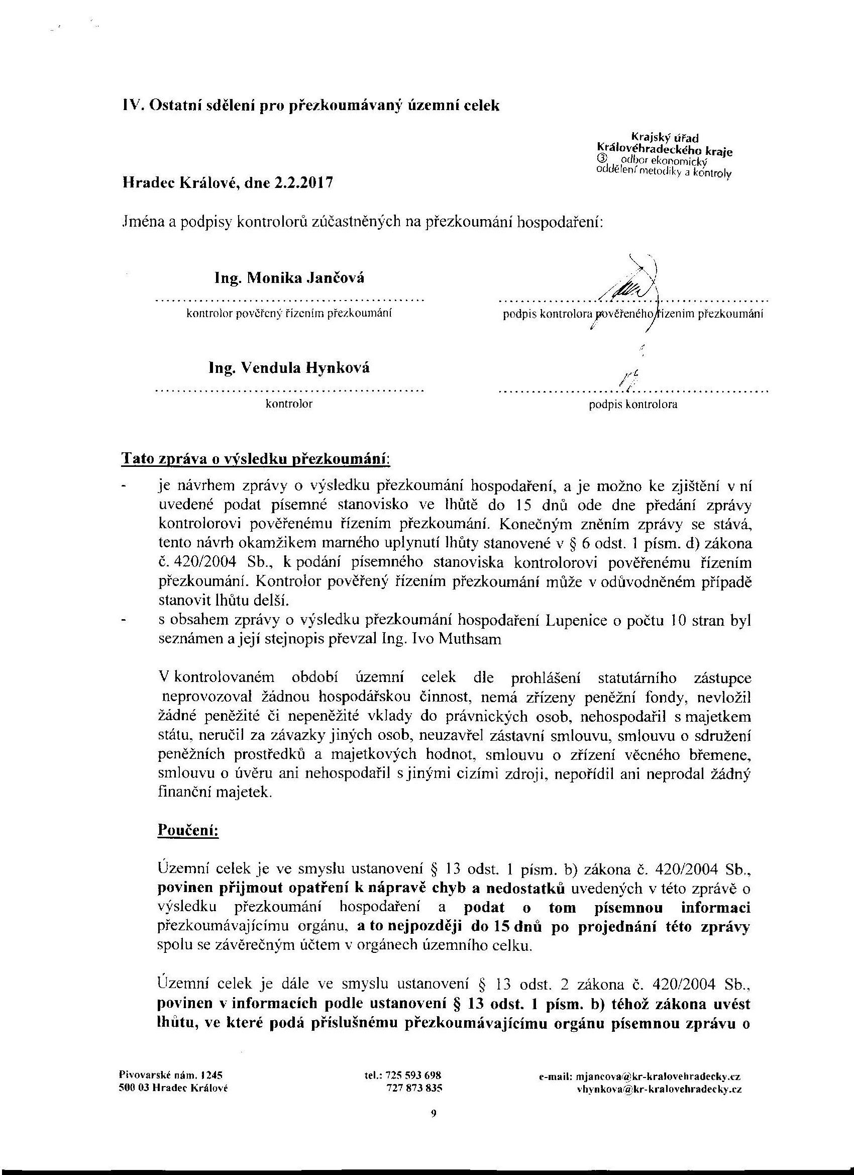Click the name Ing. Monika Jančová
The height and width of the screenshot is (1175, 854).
click(289, 279)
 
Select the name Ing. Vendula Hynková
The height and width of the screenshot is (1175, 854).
click(289, 368)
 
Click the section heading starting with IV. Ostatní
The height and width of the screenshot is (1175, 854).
click(311, 106)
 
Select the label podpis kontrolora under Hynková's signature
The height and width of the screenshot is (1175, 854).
click(633, 405)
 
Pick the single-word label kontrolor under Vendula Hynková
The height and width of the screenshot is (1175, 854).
click(289, 404)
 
